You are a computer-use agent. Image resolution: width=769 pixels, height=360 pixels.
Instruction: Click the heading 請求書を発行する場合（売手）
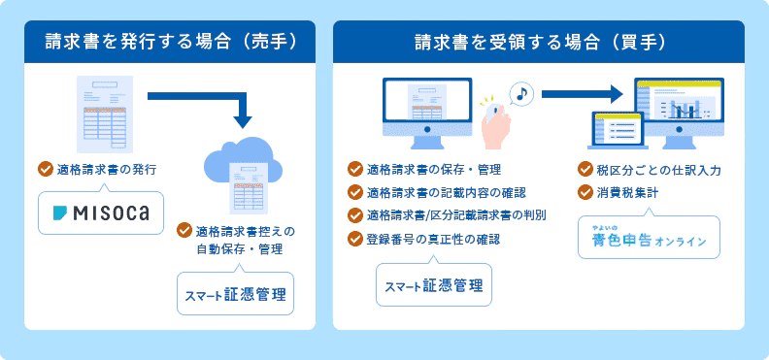[x=171, y=42]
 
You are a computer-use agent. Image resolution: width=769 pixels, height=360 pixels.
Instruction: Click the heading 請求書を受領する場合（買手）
[x=539, y=42]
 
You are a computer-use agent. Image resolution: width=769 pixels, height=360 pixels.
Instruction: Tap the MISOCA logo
[x=101, y=213]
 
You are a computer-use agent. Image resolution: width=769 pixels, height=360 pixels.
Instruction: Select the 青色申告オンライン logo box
[x=650, y=239]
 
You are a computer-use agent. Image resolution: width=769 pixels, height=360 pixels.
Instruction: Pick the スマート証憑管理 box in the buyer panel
[x=434, y=285]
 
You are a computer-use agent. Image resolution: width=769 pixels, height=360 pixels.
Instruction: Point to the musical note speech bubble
[x=520, y=95]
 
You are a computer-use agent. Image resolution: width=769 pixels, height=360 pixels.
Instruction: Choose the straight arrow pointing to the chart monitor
[x=582, y=94]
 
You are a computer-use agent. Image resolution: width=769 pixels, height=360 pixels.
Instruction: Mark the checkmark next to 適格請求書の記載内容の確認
[x=355, y=192]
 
